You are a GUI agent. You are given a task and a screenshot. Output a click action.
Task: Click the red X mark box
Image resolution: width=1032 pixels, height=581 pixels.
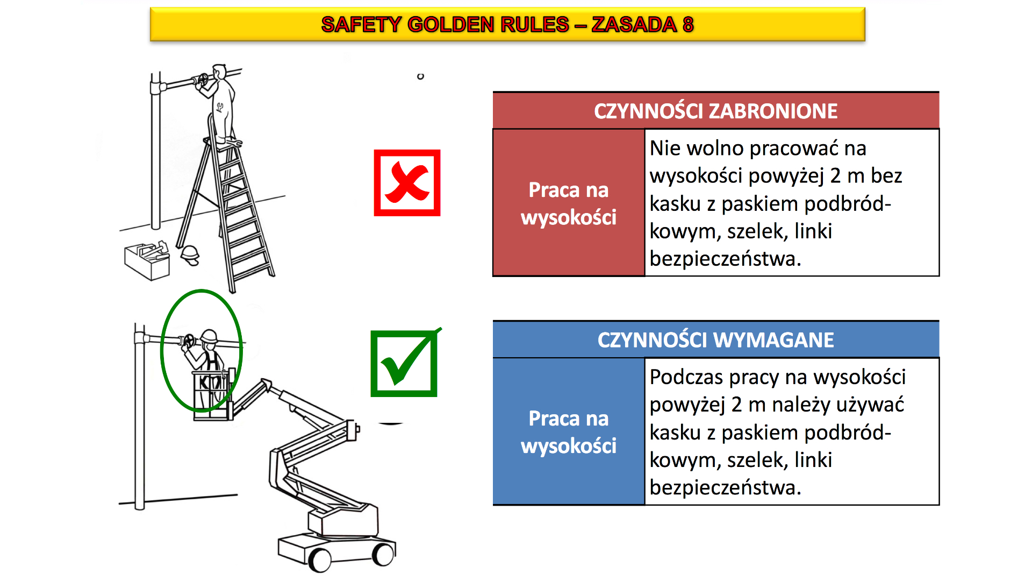tap(407, 183)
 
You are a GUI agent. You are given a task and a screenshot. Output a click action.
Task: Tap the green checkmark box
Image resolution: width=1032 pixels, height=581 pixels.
tap(404, 363)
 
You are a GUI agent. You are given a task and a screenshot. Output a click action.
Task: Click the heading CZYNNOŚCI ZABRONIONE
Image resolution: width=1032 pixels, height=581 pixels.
tap(715, 111)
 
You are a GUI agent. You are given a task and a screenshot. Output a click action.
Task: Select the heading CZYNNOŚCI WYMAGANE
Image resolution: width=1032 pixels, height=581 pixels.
tap(715, 340)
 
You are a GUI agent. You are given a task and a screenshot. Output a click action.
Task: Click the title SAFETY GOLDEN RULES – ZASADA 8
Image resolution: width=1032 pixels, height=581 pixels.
tap(507, 24)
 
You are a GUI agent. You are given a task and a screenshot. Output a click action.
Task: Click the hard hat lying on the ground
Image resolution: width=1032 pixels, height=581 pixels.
tap(190, 254)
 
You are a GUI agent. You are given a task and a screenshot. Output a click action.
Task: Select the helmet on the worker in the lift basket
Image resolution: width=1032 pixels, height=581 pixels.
tap(209, 336)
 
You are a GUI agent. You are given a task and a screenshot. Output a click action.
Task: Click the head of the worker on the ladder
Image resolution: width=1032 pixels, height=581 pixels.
tap(219, 72)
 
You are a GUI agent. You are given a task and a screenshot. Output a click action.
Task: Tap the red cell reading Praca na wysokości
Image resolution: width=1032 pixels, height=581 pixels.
tap(569, 203)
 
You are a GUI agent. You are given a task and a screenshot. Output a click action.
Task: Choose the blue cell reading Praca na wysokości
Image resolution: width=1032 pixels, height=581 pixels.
tap(569, 431)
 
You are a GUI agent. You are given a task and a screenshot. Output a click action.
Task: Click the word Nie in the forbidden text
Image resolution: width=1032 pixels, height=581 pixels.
tap(665, 148)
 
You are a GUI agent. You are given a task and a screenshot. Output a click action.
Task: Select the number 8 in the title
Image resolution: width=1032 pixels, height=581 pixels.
tap(688, 24)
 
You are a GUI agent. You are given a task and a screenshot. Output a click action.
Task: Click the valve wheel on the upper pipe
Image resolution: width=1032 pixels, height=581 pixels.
tap(203, 81)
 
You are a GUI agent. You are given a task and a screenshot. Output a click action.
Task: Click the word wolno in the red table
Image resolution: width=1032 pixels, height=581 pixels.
tap(713, 148)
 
